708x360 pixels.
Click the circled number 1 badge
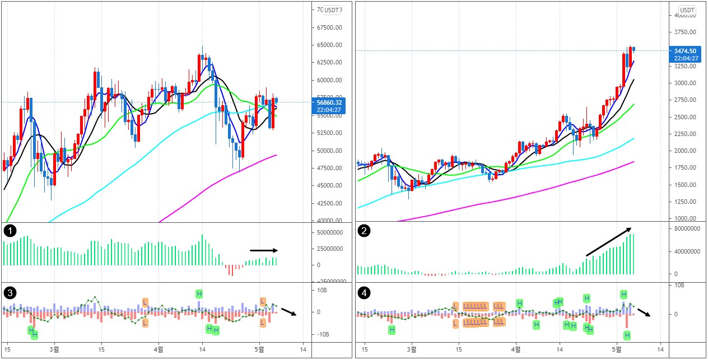click(x=9, y=231)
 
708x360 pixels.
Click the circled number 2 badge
click(x=364, y=231)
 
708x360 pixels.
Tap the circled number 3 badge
click(x=9, y=292)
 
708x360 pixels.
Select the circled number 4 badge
click(x=364, y=292)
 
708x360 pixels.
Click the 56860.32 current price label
click(x=329, y=105)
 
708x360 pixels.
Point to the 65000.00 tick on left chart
click(x=329, y=45)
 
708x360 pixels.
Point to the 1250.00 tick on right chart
click(x=684, y=202)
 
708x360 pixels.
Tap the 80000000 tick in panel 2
click(x=686, y=228)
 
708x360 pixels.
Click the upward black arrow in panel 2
click(x=609, y=241)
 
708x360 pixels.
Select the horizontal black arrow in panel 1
click(x=263, y=250)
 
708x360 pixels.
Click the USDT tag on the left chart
click(x=332, y=10)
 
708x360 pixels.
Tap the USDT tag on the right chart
click(x=687, y=10)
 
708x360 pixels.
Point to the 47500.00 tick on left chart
click(x=329, y=168)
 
